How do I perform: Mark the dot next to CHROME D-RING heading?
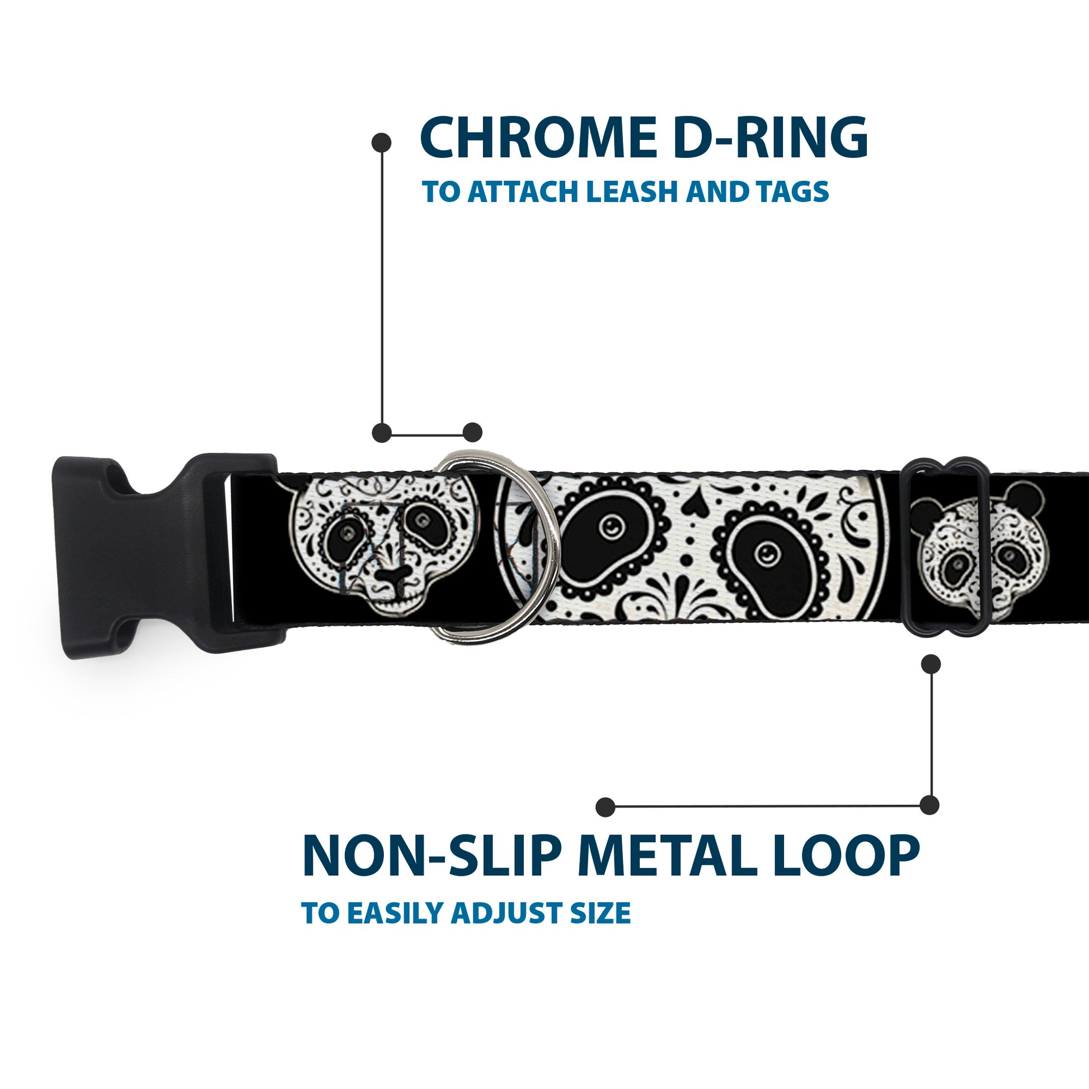(x=382, y=143)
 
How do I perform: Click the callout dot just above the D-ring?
(x=472, y=433)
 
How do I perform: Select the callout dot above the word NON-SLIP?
(x=605, y=807)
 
